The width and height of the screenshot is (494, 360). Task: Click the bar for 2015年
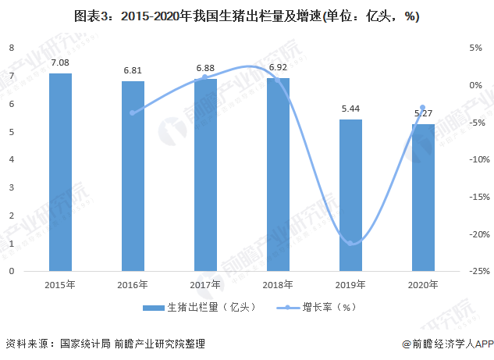[x=60, y=172]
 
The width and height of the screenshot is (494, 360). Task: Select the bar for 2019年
[x=351, y=195]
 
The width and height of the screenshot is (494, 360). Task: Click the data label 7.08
[x=60, y=62]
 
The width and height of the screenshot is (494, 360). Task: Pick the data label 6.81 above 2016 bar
[x=133, y=70]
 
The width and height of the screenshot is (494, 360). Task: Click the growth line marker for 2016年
[x=133, y=113]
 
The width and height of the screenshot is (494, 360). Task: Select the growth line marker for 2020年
[x=423, y=108]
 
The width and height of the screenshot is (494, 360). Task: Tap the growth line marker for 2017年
[x=205, y=77]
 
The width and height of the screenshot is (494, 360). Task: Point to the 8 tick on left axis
[x=12, y=48]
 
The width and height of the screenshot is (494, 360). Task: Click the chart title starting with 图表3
[x=247, y=16]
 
